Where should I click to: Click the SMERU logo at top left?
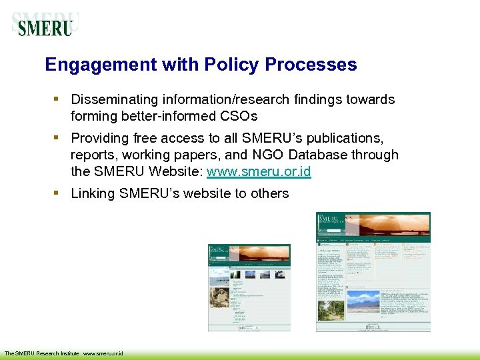click(x=45, y=25)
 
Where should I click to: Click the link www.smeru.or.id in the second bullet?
click(x=259, y=171)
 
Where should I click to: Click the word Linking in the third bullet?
click(x=93, y=193)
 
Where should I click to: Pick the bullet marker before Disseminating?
click(x=57, y=99)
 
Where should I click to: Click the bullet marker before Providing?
click(x=57, y=137)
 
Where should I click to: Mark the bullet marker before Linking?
click(x=57, y=193)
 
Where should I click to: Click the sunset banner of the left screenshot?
click(x=260, y=253)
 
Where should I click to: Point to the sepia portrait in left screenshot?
click(x=219, y=294)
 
